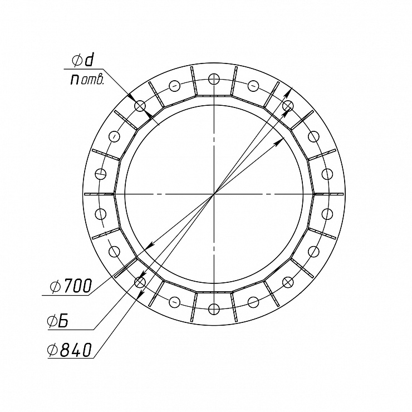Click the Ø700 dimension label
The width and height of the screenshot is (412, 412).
(71, 286)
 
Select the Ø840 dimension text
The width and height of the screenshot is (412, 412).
(70, 350)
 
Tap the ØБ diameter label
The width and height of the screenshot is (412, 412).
(58, 321)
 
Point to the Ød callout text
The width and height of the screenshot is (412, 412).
(82, 61)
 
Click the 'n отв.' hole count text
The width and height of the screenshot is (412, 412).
(87, 79)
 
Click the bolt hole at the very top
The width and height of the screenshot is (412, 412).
(214, 79)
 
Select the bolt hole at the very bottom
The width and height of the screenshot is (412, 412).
(214, 309)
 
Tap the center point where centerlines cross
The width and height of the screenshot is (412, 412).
(214, 194)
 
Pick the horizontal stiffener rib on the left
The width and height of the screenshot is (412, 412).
(99, 194)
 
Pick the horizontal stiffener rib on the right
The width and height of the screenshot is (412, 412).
(329, 194)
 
